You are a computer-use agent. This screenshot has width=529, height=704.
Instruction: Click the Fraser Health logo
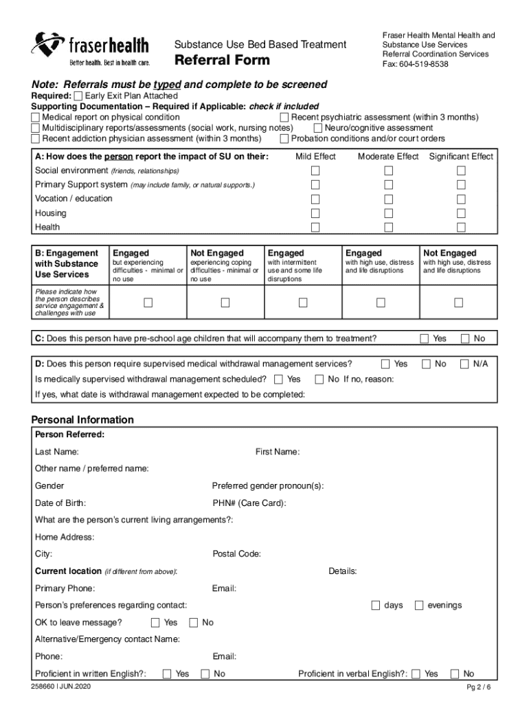pos(90,47)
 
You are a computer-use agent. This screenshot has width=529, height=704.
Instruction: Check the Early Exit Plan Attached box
pos(78,96)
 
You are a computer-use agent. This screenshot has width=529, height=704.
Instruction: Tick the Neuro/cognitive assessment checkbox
pos(318,128)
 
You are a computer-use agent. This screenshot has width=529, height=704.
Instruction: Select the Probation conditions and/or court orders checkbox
pos(284,138)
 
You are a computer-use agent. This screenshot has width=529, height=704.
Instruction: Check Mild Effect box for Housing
pos(315,213)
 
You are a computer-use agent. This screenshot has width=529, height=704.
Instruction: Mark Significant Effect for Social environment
pos(461,170)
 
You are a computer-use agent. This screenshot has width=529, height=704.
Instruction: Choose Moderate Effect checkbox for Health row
pos(389,228)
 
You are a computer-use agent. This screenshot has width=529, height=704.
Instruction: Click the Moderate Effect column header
pos(388,157)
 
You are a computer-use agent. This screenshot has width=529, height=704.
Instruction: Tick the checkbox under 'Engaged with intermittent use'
pos(302,303)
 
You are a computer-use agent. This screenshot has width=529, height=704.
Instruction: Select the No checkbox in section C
pos(465,338)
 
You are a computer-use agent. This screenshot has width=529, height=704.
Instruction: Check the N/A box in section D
pos(465,364)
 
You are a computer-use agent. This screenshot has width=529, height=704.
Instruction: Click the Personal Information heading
pos(82,419)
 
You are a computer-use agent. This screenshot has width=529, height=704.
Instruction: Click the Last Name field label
pos(56,452)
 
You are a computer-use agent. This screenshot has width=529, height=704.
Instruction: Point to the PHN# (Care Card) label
pos(249,503)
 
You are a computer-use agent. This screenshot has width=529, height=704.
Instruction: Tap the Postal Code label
pos(236,554)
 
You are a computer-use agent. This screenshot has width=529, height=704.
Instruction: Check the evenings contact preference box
pos(418,605)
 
